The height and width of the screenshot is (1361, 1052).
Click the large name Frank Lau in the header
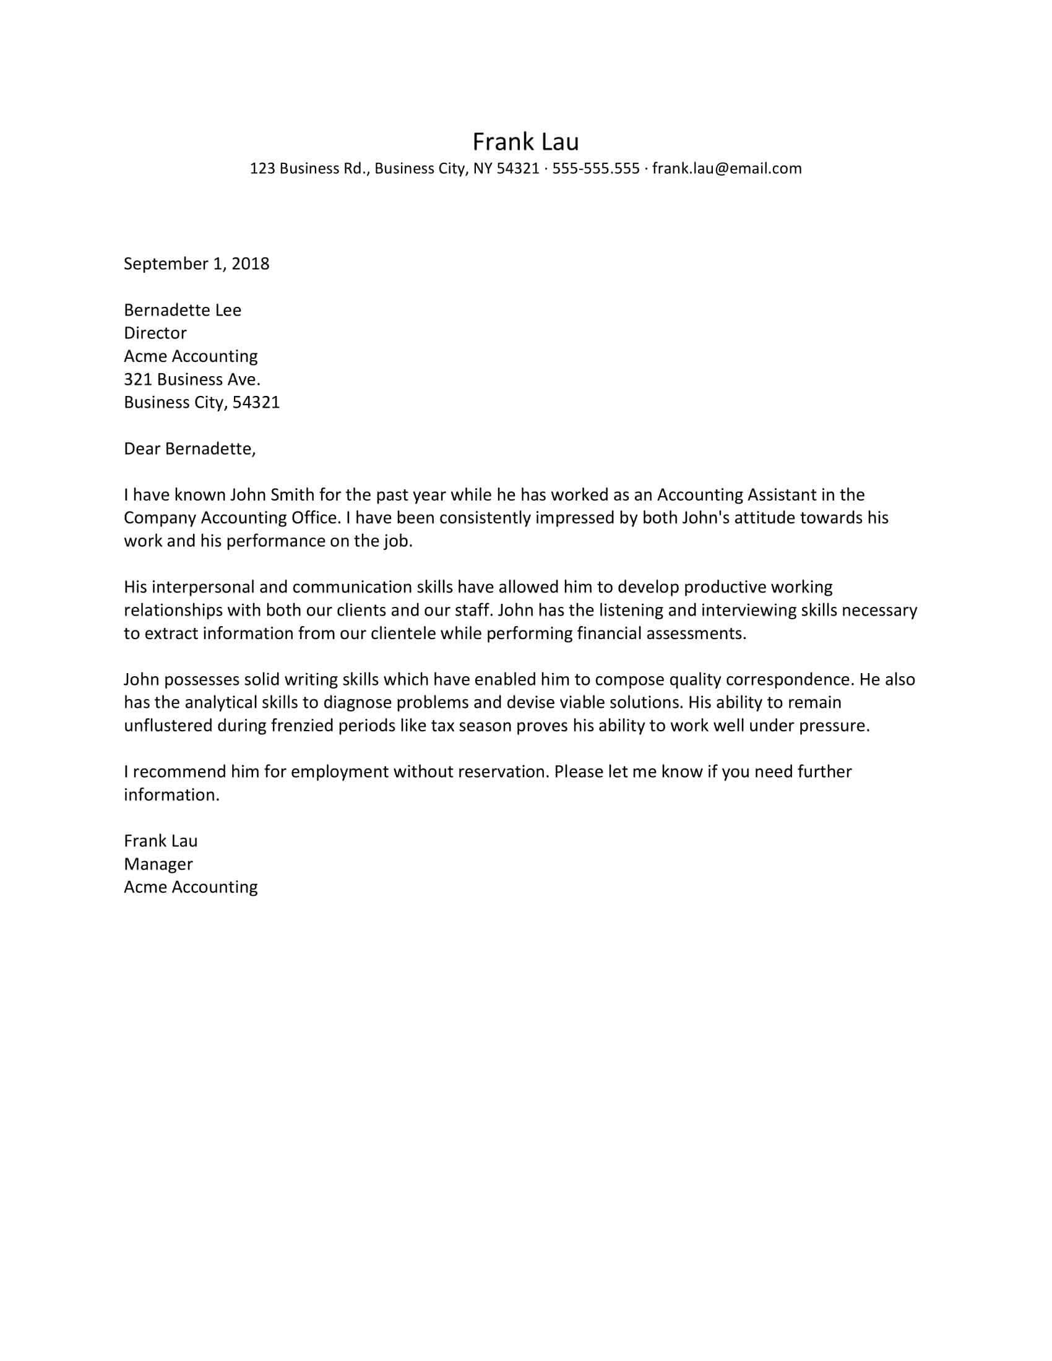(525, 142)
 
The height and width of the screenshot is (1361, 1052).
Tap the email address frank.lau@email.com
(726, 168)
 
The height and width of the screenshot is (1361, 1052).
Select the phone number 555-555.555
(596, 168)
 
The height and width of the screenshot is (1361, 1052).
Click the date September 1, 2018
(196, 264)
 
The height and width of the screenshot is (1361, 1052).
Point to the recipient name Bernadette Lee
(182, 310)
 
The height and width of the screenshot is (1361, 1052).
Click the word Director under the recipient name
(155, 333)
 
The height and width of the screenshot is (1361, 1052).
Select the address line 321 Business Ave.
(192, 379)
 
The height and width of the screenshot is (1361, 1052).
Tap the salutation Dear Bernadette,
(189, 449)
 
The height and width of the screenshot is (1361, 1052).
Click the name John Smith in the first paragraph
(272, 495)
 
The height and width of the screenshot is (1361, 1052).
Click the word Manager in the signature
(158, 864)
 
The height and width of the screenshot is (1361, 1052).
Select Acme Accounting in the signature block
(191, 887)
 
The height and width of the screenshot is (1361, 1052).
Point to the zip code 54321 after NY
(517, 168)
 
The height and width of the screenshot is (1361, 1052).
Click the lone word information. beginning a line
(171, 794)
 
